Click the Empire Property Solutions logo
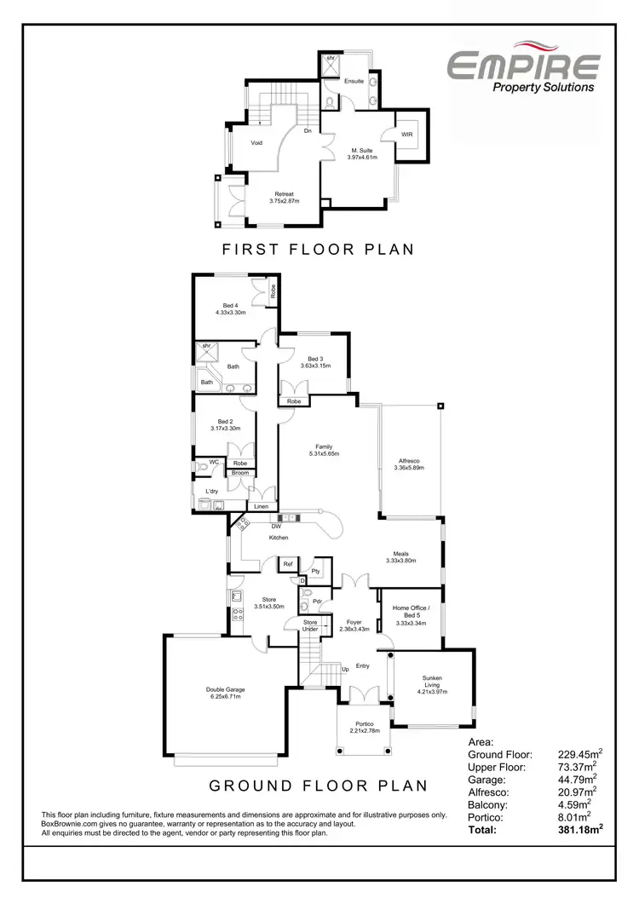click(524, 71)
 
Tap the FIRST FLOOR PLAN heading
click(318, 250)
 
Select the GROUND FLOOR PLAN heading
click(318, 785)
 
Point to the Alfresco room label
click(407, 461)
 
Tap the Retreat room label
click(284, 194)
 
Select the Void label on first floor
click(256, 143)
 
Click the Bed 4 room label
click(230, 306)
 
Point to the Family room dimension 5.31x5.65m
click(324, 454)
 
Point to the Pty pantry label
click(315, 572)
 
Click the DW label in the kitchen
click(277, 527)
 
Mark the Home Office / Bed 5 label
click(411, 612)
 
